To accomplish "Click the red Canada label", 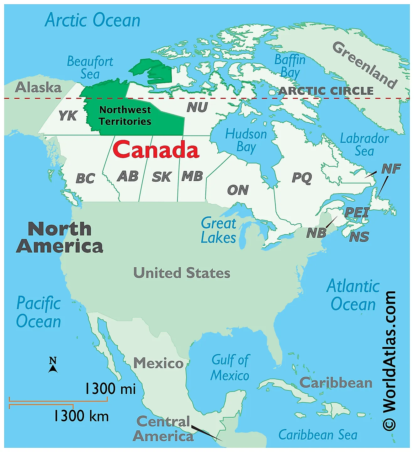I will tap(156, 150).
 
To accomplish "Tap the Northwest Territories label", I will tap(125, 115).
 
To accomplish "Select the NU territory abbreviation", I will tap(197, 107).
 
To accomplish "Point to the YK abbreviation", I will tap(68, 116).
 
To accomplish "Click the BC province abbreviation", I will tap(85, 178).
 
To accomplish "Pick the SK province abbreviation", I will tap(162, 177).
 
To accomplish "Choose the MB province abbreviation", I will tap(192, 176).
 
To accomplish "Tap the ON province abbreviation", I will tap(238, 190).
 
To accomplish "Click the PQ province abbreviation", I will tap(302, 178).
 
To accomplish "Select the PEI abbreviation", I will tap(357, 213).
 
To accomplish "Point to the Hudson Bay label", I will tap(246, 140).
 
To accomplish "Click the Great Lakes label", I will tap(219, 231).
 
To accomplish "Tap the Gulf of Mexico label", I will tap(230, 368).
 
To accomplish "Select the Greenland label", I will tap(365, 65).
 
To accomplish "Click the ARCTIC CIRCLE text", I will tap(326, 91).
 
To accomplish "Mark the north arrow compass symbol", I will tap(53, 365).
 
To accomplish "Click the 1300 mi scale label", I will tap(110, 389).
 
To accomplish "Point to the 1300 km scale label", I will tap(81, 416).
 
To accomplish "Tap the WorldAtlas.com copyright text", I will tap(389, 361).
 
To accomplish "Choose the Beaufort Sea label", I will tap(90, 67).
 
